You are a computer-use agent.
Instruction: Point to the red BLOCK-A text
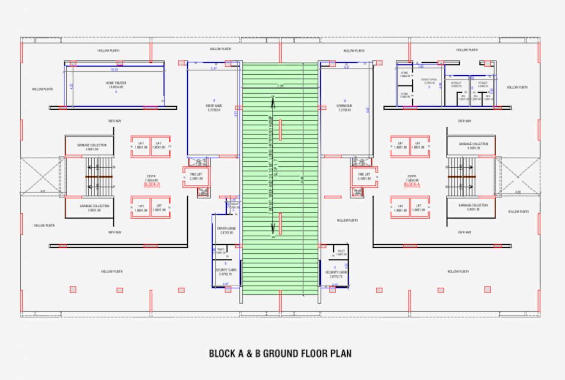(411, 184)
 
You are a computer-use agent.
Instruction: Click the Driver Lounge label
(226, 228)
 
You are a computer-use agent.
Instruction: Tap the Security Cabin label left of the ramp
(226, 270)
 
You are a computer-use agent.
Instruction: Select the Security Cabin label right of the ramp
(336, 273)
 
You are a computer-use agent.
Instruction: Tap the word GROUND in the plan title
(283, 354)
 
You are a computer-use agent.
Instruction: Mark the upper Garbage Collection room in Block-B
(89, 145)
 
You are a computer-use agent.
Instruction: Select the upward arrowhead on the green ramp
(272, 101)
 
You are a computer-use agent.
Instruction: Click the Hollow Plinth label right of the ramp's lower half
(348, 220)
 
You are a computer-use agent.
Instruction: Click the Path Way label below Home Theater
(115, 120)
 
